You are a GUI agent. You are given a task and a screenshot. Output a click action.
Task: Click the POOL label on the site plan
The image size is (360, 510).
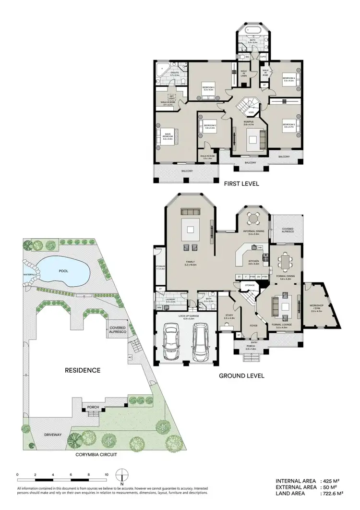tap(63, 271)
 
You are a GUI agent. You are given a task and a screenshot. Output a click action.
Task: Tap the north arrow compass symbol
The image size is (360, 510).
tap(123, 476)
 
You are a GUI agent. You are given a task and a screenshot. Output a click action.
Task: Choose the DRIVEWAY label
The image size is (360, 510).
tap(53, 435)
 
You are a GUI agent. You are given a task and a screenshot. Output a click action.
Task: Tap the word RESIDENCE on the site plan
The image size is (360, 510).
tap(83, 370)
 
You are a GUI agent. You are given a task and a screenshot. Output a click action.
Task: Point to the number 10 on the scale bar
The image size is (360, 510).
tap(107, 474)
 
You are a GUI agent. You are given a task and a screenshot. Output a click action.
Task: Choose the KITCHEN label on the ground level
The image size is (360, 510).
tap(253, 261)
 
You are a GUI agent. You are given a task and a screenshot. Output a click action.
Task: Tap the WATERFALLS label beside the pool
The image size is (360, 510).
tap(30, 275)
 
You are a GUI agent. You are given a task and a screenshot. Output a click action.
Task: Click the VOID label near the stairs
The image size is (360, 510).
tap(251, 112)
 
